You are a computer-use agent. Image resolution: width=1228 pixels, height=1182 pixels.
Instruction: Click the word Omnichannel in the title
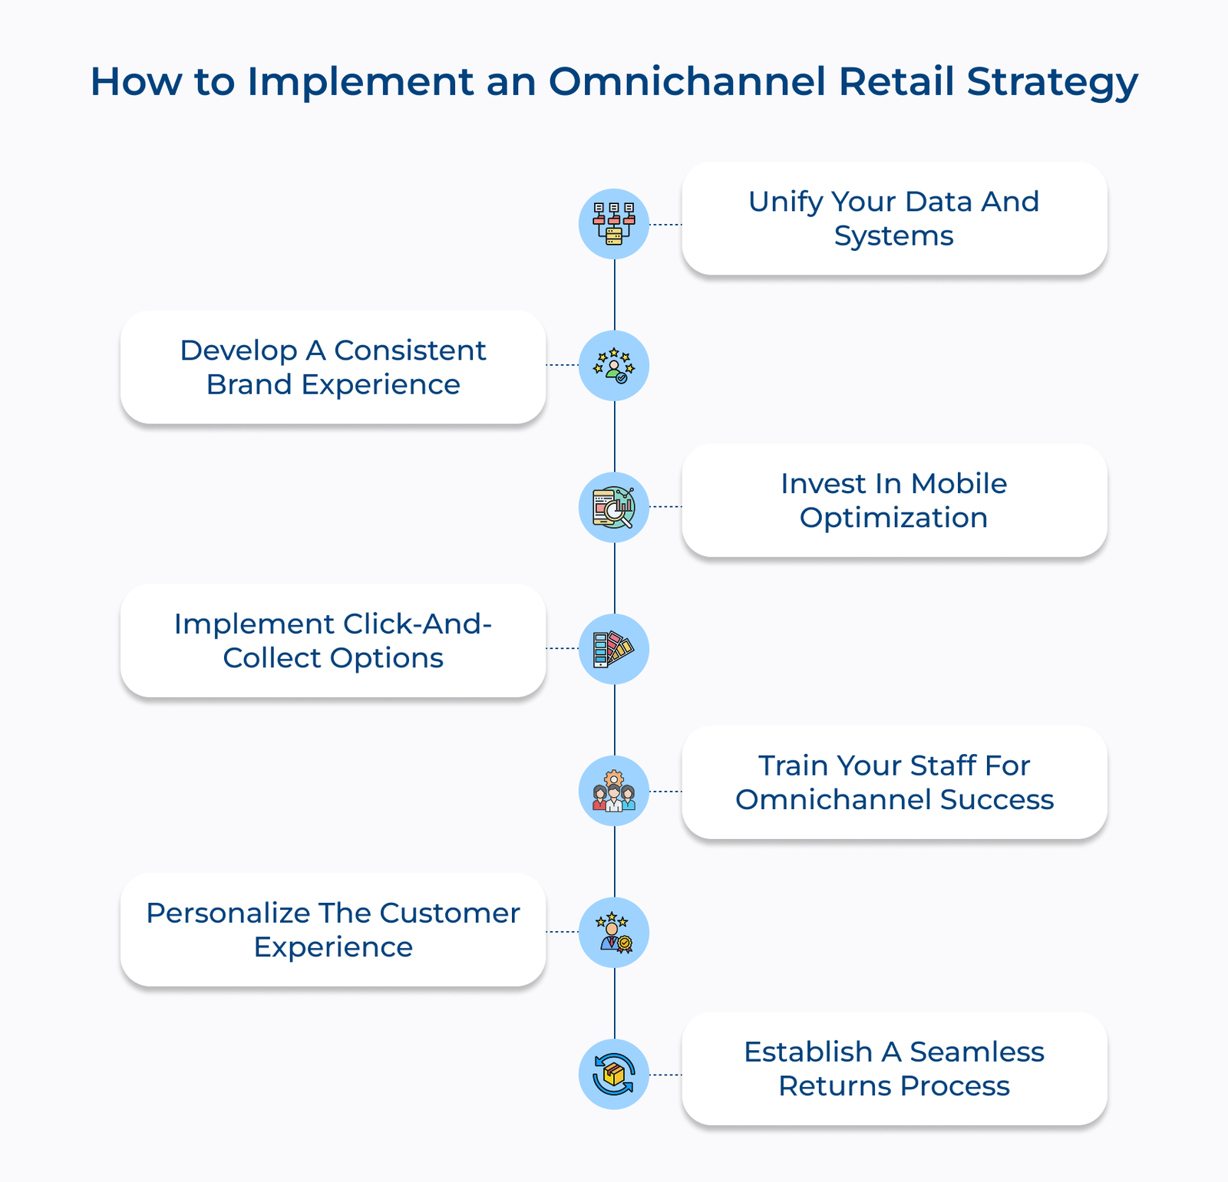[x=687, y=81]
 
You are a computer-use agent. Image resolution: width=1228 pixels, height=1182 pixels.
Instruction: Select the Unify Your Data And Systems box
[x=894, y=219]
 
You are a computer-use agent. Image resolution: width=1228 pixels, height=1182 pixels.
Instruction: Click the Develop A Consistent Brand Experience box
[x=333, y=367]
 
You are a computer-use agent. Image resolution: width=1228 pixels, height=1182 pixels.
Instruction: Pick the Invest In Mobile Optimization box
[x=894, y=501]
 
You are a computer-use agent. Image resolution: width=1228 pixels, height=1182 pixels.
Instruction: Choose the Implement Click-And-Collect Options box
[x=333, y=641]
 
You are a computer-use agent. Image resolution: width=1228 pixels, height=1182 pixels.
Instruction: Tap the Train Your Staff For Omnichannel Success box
[x=894, y=782]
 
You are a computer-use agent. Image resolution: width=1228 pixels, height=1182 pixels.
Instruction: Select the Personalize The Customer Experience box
[x=333, y=930]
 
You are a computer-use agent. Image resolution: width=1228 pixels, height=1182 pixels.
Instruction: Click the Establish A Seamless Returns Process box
[x=894, y=1068]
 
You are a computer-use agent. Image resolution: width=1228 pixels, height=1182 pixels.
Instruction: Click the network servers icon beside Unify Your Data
[x=614, y=224]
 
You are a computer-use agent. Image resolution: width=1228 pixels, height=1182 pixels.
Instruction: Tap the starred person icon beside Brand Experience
[x=614, y=366]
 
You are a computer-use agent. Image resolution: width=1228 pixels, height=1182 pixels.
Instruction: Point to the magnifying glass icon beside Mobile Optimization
[x=614, y=508]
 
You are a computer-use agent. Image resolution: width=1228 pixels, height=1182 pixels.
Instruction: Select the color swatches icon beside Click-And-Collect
[x=614, y=649]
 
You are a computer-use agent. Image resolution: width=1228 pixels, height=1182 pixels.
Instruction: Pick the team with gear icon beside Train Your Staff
[x=614, y=791]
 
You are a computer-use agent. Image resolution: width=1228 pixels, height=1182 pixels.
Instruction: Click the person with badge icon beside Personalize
[x=614, y=933]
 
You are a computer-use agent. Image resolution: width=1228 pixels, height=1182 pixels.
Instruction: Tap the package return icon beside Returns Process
[x=614, y=1074]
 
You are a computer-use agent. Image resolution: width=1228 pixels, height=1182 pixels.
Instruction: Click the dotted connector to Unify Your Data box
[x=665, y=225]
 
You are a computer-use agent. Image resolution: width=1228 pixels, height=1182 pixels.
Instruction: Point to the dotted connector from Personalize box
[x=563, y=932]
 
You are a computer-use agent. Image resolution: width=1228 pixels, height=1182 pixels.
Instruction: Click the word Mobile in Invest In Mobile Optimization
[x=959, y=484]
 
